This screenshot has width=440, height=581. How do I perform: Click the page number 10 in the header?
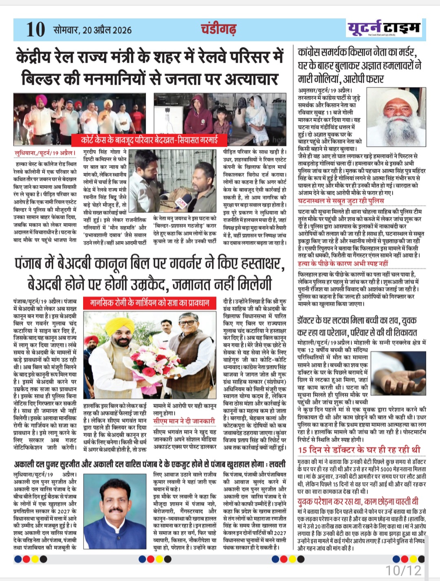35,30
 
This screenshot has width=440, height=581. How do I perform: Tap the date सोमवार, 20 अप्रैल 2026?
93,30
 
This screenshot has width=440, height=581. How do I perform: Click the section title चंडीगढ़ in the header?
218,29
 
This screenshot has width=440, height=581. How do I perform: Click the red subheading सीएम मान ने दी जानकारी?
184,421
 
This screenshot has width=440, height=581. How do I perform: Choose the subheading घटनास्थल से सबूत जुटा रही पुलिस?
341,201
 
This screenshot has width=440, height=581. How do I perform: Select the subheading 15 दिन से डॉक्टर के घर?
359,450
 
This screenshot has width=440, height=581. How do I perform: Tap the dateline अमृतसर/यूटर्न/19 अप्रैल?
325,91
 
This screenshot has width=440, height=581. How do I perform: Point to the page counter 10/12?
403,570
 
